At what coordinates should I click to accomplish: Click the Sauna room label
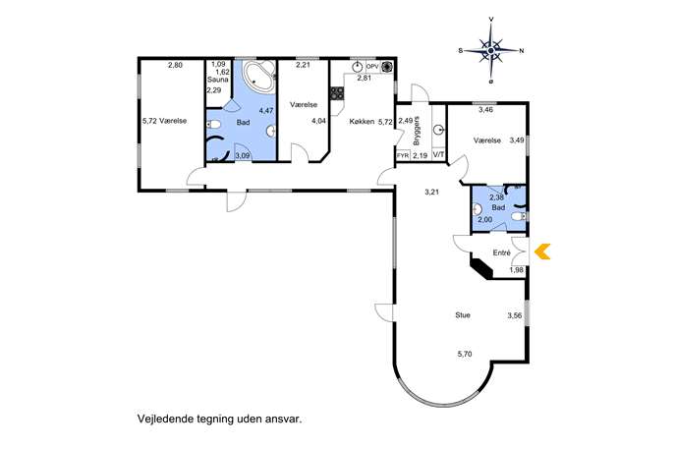(x=217, y=80)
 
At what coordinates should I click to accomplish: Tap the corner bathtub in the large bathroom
(x=258, y=76)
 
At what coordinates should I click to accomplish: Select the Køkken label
(x=362, y=122)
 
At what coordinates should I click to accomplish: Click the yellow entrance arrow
(x=542, y=252)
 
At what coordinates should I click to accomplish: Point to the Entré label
(x=501, y=253)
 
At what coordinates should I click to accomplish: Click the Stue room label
(x=463, y=315)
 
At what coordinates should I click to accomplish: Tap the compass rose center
(x=490, y=51)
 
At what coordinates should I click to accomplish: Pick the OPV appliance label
(x=372, y=67)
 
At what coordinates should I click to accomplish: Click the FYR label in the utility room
(x=403, y=156)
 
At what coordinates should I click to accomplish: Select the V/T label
(x=438, y=154)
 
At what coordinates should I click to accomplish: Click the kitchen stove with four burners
(x=337, y=94)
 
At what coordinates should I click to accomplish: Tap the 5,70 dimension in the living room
(x=465, y=355)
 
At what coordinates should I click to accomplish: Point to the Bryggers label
(x=416, y=131)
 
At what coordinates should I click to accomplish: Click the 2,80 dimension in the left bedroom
(x=175, y=66)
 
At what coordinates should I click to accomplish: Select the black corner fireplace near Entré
(x=481, y=268)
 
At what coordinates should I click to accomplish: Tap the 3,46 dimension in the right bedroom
(x=485, y=110)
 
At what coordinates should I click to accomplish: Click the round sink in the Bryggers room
(x=438, y=129)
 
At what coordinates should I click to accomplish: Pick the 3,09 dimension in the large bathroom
(x=244, y=156)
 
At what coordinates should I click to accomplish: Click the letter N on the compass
(x=522, y=51)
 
